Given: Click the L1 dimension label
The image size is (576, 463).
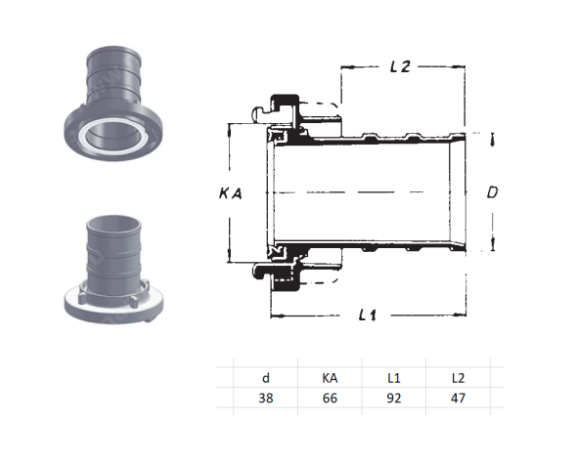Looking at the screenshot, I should click(368, 315).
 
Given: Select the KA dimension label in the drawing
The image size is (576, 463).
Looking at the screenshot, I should click(230, 193).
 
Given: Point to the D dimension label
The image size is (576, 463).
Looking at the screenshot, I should click(493, 193).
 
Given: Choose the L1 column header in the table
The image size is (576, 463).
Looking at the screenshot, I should click(393, 376).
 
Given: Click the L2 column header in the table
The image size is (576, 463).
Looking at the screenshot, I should click(458, 376).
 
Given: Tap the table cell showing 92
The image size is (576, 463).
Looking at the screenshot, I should click(393, 399).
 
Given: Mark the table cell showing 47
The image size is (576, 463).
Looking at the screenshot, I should click(458, 399).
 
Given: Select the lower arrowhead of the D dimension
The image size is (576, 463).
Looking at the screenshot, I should click(492, 244).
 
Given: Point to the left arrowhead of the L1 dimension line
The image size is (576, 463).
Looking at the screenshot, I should click(274, 315).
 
